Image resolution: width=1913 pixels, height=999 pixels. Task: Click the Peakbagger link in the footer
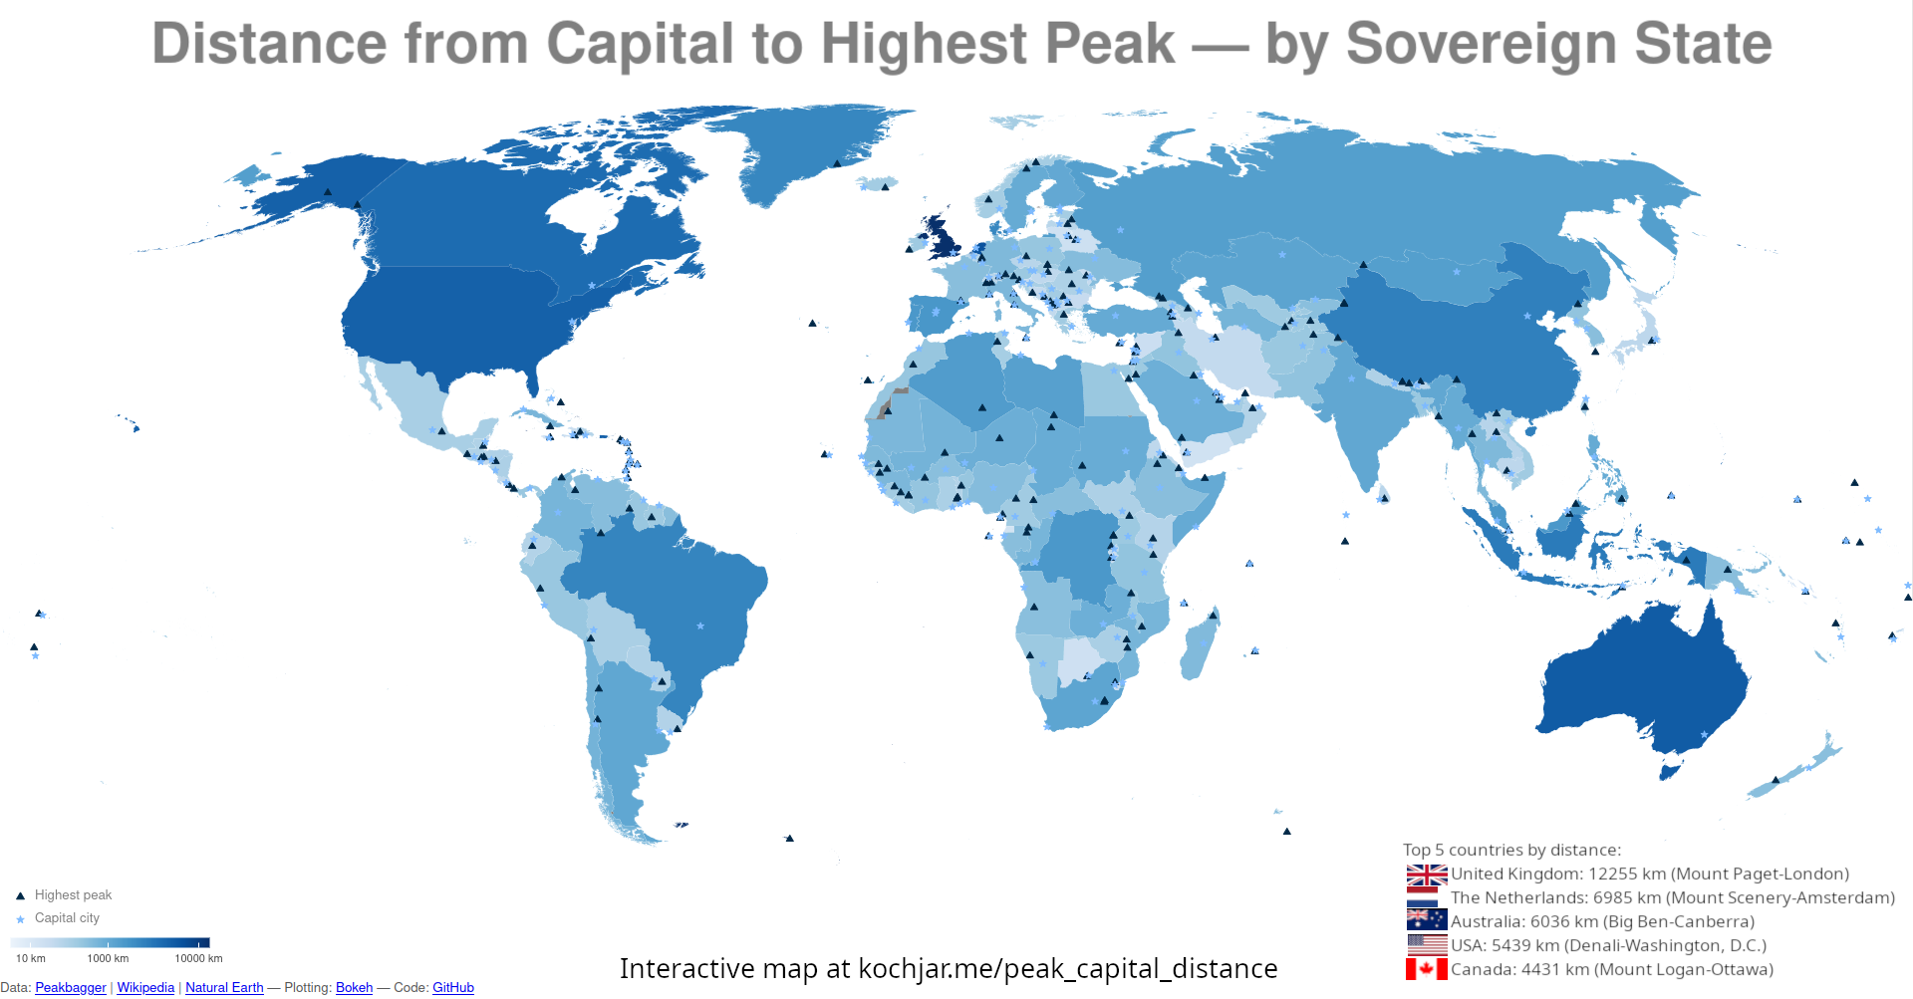[x=71, y=987]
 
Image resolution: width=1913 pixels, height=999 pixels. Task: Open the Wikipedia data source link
[x=145, y=987]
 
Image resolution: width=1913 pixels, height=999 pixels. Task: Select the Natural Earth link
[x=224, y=987]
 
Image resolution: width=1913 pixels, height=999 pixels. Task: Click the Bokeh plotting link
[x=354, y=987]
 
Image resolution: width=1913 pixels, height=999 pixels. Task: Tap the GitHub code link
[x=453, y=987]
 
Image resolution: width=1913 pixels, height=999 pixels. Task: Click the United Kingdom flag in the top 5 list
[x=1427, y=875]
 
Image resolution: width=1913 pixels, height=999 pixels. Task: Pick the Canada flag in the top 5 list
[x=1427, y=969]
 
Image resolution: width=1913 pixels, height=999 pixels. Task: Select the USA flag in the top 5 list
[x=1427, y=945]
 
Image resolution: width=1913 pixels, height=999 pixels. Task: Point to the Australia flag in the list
[x=1427, y=920]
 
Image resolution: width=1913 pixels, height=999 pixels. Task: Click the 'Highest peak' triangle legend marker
[x=20, y=896]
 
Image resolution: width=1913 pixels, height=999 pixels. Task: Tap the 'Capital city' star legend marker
[x=20, y=919]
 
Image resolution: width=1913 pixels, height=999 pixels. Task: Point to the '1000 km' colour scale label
[x=108, y=958]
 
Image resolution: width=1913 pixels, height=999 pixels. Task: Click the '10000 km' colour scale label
[x=199, y=958]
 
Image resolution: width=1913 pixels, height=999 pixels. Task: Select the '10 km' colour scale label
[x=31, y=958]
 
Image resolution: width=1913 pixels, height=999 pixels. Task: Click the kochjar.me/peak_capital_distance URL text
[x=1067, y=968]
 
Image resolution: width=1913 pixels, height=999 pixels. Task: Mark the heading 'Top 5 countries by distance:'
[x=1511, y=850]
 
